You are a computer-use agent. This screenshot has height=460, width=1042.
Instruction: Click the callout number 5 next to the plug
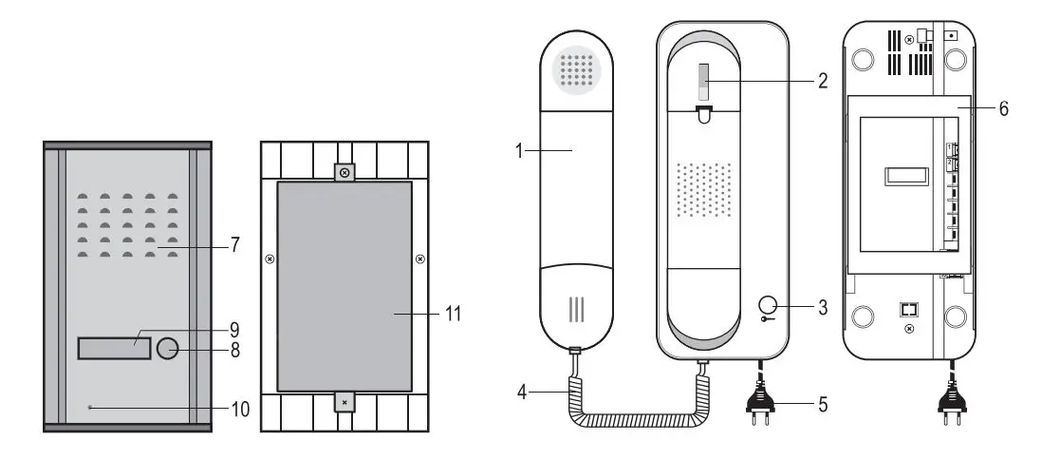pyautogui.click(x=822, y=404)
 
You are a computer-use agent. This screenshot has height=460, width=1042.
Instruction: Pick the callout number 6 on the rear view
pyautogui.click(x=1003, y=108)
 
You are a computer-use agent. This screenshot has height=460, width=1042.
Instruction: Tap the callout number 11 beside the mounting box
pyautogui.click(x=453, y=313)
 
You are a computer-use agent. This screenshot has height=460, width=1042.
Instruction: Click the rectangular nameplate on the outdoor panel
pyautogui.click(x=113, y=349)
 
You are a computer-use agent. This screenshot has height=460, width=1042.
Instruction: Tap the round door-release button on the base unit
pyautogui.click(x=769, y=306)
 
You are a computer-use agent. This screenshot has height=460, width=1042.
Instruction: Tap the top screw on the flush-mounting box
pyautogui.click(x=344, y=172)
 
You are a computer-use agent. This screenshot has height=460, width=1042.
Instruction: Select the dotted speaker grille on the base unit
pyautogui.click(x=703, y=187)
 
